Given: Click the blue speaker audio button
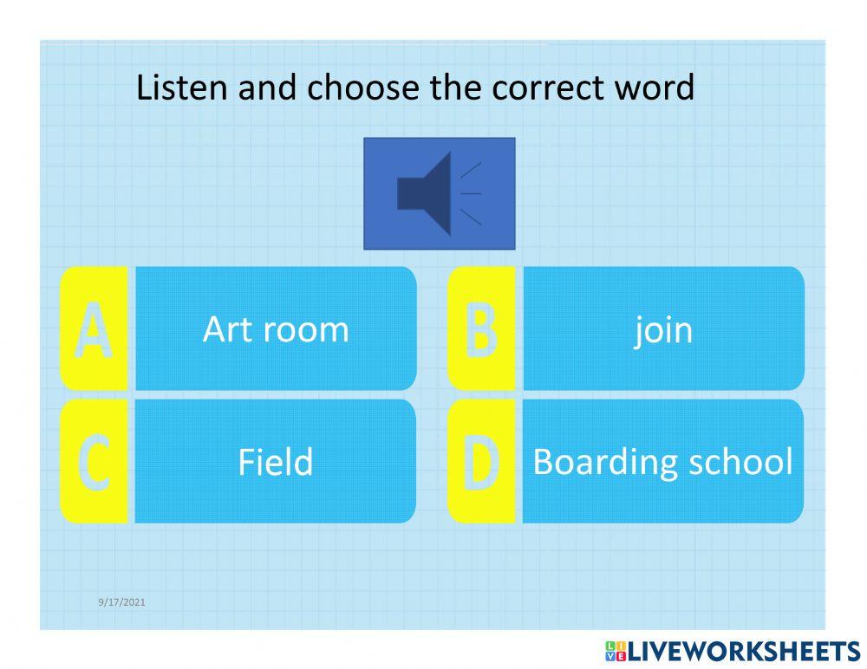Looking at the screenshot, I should pos(439,193).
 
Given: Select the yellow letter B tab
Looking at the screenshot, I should pos(481,328).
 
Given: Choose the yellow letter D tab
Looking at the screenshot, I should pos(481,461).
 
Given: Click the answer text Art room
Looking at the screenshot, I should pos(276,329).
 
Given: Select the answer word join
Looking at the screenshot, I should pos(663,330).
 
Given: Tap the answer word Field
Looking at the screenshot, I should pos(276,462).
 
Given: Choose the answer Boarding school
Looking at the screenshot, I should pos(662,462).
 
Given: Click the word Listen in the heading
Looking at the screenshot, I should pos(175,88).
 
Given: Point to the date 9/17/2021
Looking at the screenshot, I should pos(121,601).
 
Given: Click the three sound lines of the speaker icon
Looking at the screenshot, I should pos(471,193).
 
